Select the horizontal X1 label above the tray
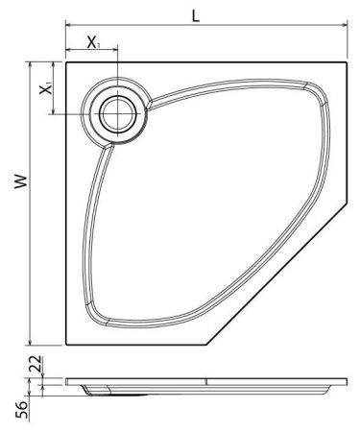(x=93, y=43)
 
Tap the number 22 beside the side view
(x=35, y=365)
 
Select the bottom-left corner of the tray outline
(x=65, y=346)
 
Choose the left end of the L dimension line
(x=66, y=31)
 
